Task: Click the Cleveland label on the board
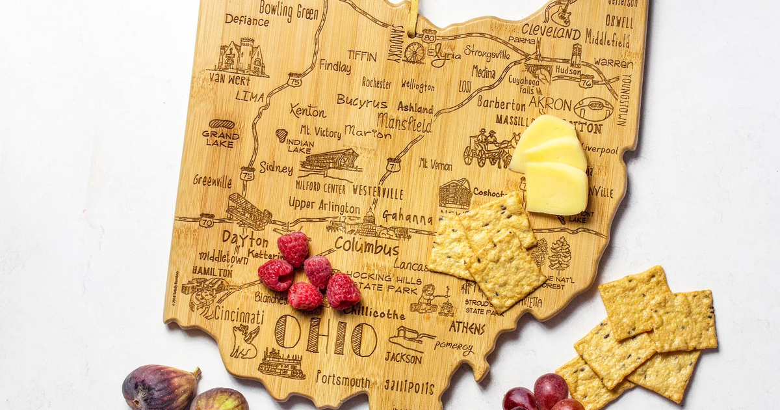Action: coord(551,31)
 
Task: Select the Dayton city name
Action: coord(244,238)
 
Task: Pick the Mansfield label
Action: coord(404,122)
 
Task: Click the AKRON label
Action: coord(550,103)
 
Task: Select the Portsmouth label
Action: coord(343,379)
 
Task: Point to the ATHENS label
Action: coord(467,327)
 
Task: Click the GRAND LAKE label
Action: coord(221,138)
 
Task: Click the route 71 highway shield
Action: coord(393,165)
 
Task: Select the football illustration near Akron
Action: coord(593,108)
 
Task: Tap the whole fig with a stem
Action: coord(160,387)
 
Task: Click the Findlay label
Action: coord(335,66)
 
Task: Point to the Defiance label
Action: coord(246,20)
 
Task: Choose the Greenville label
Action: coord(212,181)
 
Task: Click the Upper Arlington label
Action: coord(324,206)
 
